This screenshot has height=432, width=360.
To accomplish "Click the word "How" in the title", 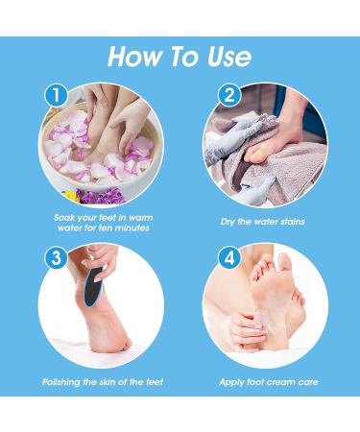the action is [135, 57].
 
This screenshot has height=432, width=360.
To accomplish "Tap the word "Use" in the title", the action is [229, 57].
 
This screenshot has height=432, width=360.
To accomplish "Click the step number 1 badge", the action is [56, 95].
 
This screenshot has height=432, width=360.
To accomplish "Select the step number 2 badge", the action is [229, 95].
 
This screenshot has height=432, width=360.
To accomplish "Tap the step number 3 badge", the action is [56, 257].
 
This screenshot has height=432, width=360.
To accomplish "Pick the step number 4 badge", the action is [229, 257].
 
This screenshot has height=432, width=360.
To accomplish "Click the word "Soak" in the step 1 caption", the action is [64, 218].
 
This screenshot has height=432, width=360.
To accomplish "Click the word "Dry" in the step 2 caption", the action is [228, 222].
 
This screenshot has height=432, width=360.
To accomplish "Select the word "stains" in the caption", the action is [293, 222].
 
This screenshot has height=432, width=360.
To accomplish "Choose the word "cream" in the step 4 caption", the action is [282, 382].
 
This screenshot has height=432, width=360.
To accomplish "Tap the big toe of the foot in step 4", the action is [284, 262].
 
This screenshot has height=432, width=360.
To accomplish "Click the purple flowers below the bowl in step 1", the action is [102, 196].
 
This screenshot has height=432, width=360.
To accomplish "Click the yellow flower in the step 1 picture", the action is [71, 195].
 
